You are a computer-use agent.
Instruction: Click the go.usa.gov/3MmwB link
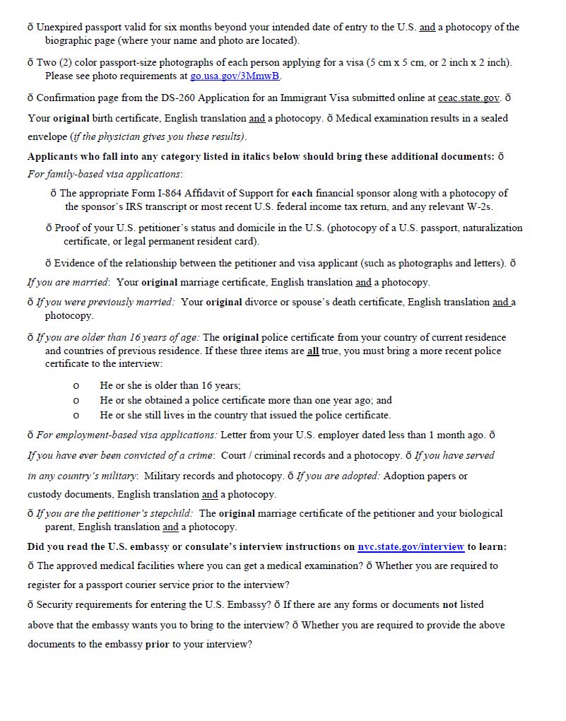pyautogui.click(x=235, y=76)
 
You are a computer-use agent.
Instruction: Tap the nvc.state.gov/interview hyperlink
pyautogui.click(x=411, y=546)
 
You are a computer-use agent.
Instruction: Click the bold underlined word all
pyautogui.click(x=313, y=351)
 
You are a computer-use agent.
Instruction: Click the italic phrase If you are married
pyautogui.click(x=69, y=282)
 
